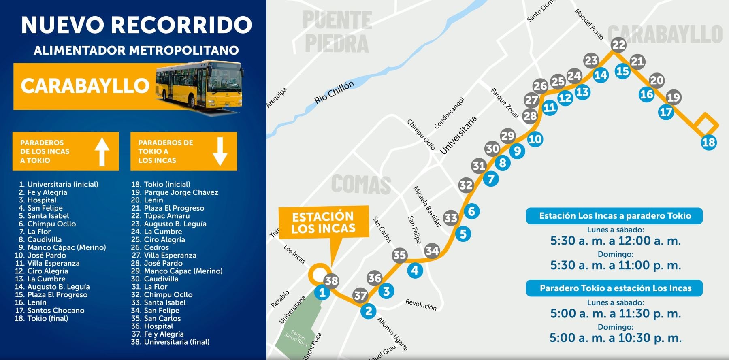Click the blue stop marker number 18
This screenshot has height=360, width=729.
point(708,142)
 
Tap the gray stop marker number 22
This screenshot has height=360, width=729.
point(618,45)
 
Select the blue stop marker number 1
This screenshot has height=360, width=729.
point(322,292)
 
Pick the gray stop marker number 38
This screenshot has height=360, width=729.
point(332,280)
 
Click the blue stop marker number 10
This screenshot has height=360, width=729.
point(535,139)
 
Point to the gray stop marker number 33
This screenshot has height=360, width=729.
point(450,218)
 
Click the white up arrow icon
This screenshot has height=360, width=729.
point(102,151)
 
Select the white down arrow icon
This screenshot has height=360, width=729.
point(220,151)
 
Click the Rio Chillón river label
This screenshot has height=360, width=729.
point(334,92)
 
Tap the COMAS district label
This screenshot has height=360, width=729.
point(361,185)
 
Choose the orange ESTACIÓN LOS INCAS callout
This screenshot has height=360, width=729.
point(323,222)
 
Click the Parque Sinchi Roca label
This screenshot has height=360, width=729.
point(296,339)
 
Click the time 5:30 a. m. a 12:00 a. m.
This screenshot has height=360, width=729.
point(615,241)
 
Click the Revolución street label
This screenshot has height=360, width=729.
point(421,305)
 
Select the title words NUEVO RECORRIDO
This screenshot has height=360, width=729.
point(136,25)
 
